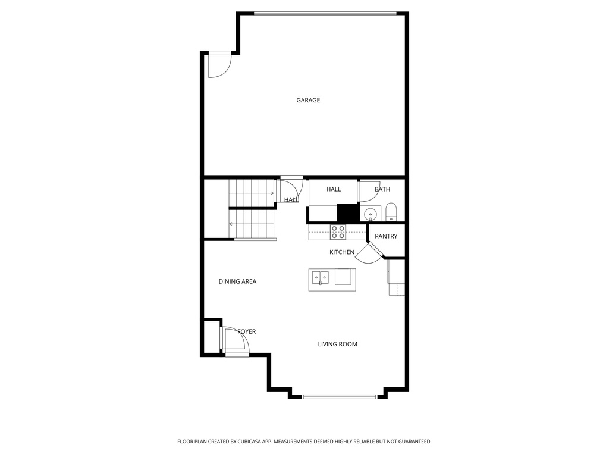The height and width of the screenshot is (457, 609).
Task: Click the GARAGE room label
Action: click(308, 101)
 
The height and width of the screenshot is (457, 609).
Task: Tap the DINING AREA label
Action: click(237, 281)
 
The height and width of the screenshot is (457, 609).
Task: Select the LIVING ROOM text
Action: click(337, 344)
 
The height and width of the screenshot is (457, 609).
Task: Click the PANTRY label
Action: click(386, 237)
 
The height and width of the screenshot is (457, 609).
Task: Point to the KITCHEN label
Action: click(342, 252)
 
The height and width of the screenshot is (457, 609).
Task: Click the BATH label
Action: click(382, 190)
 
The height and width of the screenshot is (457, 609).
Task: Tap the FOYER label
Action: click(246, 331)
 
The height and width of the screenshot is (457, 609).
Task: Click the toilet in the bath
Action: click(391, 212)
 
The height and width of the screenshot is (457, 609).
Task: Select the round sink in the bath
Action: click(370, 214)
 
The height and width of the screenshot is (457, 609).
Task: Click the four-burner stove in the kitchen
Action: click(338, 231)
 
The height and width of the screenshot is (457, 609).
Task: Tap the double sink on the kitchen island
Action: click(321, 277)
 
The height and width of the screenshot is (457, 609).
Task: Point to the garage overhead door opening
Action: click(325, 13)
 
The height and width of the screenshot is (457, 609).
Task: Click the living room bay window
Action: click(339, 396)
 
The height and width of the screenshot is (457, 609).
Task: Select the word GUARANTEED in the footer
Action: click(411, 442)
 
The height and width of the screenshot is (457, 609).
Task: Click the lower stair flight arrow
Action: click(231, 224)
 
